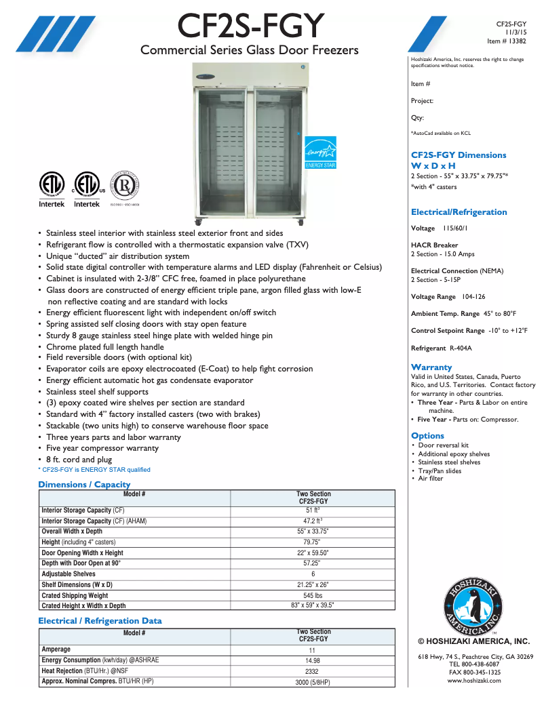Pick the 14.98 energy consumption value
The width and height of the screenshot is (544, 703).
pyautogui.click(x=313, y=660)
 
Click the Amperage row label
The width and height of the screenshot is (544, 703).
pyautogui.click(x=56, y=649)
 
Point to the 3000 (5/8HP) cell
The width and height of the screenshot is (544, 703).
pyautogui.click(x=313, y=682)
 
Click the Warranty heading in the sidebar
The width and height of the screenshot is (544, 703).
pyautogui.click(x=431, y=367)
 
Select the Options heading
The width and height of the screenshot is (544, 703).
pyautogui.click(x=427, y=435)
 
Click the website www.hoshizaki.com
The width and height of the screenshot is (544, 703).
pyautogui.click(x=474, y=680)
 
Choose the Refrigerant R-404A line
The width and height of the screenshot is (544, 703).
pyautogui.click(x=441, y=348)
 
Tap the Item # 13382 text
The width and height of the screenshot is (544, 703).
pyautogui.click(x=507, y=41)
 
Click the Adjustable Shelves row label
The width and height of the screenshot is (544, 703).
pyautogui.click(x=69, y=574)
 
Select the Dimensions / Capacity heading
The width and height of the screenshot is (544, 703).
pyautogui.click(x=84, y=484)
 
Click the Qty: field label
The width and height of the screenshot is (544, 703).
pyautogui.click(x=417, y=118)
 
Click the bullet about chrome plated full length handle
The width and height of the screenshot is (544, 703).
pyautogui.click(x=105, y=346)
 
